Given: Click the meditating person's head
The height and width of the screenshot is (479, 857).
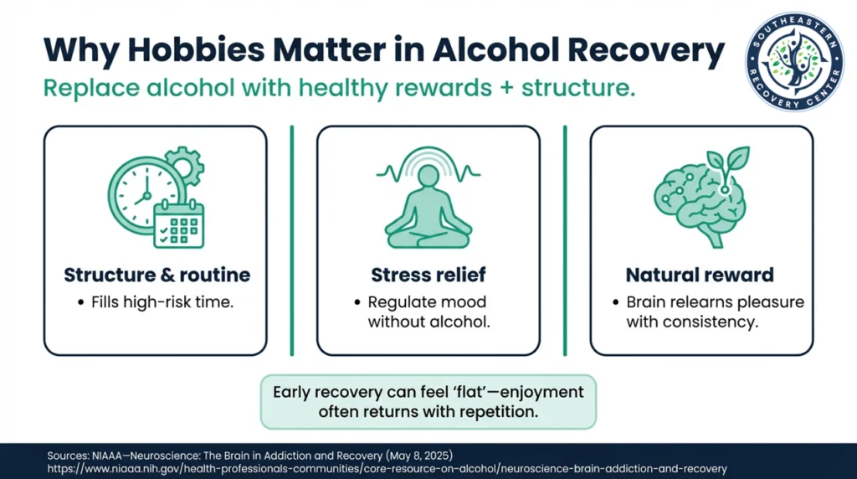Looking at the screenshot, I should [x=428, y=177].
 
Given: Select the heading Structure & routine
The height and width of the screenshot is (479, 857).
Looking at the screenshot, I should [x=157, y=275].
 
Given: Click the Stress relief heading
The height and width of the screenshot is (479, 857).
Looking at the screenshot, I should [x=428, y=275].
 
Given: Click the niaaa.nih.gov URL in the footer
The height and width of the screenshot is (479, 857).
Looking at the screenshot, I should [x=387, y=469].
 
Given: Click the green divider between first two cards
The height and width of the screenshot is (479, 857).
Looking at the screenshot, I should [x=291, y=240].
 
